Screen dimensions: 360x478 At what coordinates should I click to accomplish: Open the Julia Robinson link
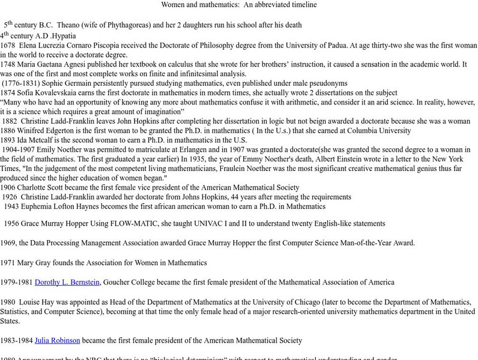[57, 340]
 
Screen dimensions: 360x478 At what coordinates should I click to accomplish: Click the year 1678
[8, 45]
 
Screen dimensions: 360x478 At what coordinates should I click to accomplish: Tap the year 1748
[8, 64]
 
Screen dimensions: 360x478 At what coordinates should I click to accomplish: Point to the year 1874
[8, 92]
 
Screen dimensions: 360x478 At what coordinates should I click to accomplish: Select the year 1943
[11, 206]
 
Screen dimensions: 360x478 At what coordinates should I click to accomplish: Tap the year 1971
[8, 262]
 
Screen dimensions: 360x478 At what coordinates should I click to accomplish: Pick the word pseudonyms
[327, 83]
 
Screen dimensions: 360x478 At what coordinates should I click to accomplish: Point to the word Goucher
[118, 282]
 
